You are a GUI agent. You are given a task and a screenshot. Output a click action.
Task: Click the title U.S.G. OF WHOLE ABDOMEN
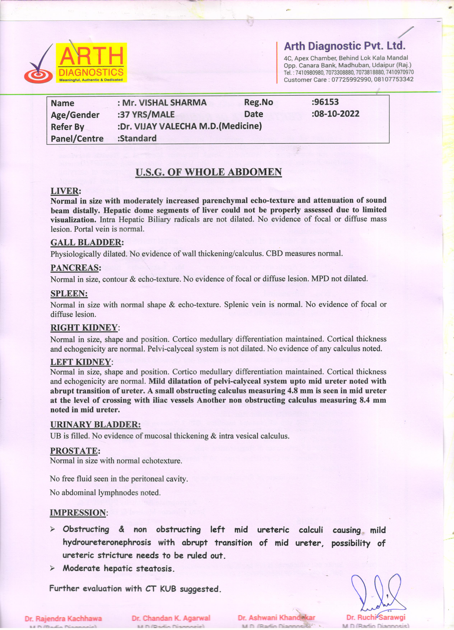[x=209, y=172]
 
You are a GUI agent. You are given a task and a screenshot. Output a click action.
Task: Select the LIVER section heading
[x=65, y=191]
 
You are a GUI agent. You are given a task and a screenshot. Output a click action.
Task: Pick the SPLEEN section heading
[x=69, y=294]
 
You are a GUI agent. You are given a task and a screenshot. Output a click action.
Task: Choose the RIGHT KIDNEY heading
[x=84, y=328]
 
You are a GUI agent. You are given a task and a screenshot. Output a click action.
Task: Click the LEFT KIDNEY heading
[x=80, y=362]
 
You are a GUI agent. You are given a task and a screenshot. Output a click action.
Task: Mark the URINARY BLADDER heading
[x=95, y=424]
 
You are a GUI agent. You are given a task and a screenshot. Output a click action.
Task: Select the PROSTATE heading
[x=74, y=451]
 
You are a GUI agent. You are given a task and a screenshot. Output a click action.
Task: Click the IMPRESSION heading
[x=78, y=513]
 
